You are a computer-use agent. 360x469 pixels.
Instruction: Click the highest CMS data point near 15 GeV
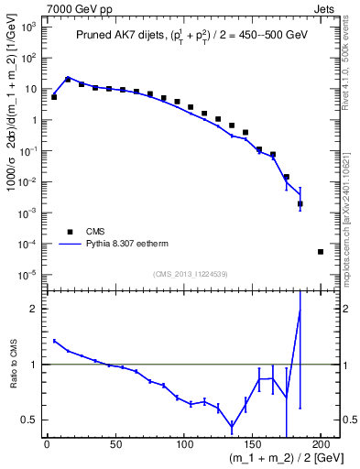pos(68,80)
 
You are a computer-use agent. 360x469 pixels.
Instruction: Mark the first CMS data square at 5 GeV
pos(54,97)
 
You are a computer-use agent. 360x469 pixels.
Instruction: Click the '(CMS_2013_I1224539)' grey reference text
pos(191,273)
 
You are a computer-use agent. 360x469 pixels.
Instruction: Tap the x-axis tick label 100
pos(183,445)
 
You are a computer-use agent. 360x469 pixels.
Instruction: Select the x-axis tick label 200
pos(321,445)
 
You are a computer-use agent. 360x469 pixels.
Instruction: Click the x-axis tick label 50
pos(115,445)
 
